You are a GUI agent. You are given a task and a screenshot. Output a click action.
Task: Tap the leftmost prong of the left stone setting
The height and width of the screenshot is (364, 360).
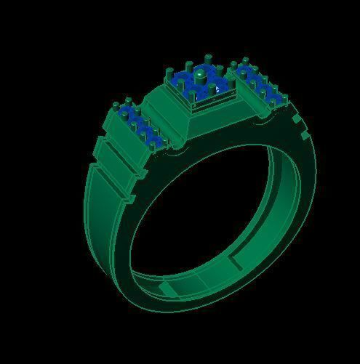116,109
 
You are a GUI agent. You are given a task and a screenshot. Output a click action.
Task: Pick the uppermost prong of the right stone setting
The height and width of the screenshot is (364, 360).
246,60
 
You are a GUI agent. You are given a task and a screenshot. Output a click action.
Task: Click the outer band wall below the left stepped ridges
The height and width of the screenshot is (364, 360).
98,218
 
